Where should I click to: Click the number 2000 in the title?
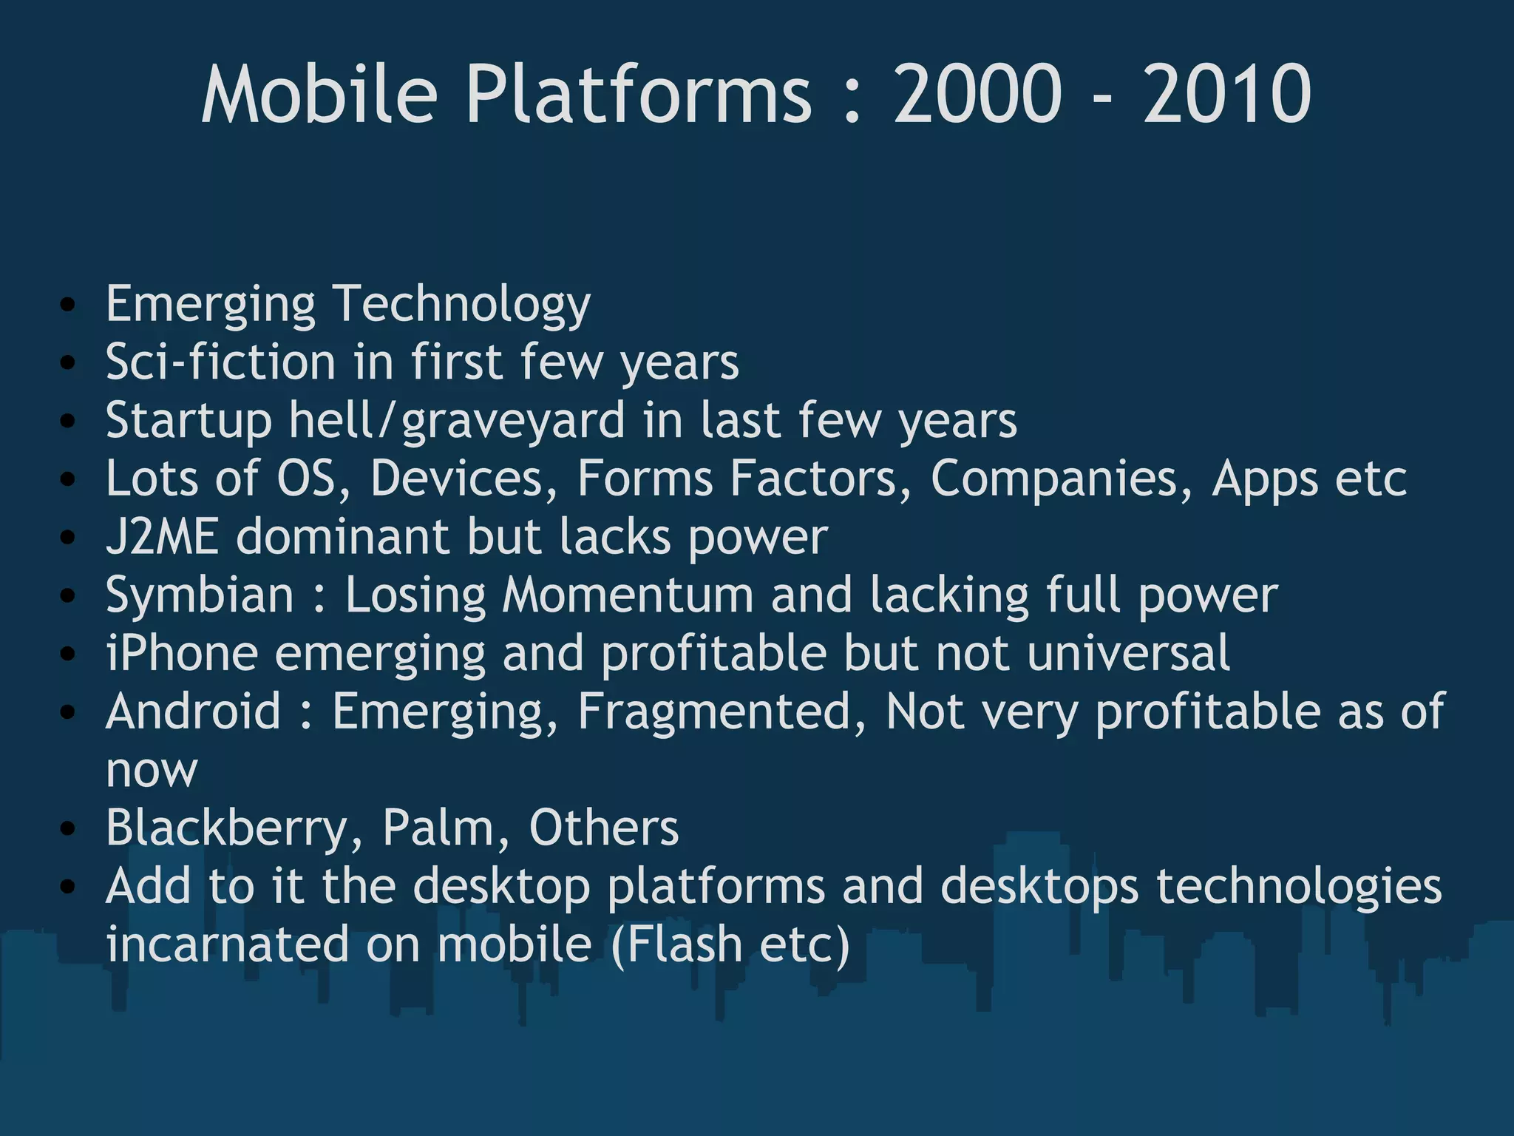(977, 94)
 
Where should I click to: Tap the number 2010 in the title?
(1227, 94)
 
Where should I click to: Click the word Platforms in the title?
(639, 94)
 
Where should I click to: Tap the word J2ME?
(163, 536)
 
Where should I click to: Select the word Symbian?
(200, 595)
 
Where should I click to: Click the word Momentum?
(627, 595)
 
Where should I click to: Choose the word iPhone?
(182, 653)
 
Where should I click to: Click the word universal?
(1128, 653)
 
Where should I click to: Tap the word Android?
(194, 711)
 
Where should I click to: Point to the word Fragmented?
(721, 711)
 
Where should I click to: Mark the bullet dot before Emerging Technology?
(68, 305)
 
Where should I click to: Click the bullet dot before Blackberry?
(68, 828)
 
